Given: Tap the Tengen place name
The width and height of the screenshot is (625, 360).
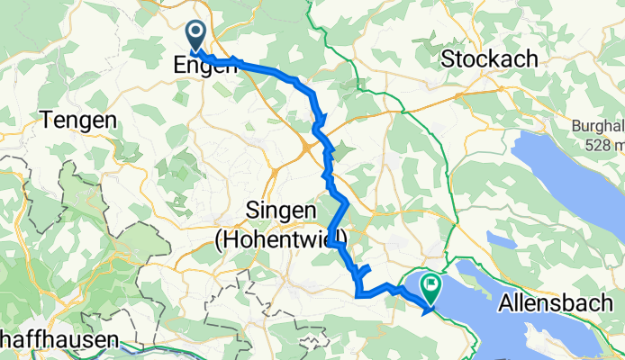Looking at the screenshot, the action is pos(78,121).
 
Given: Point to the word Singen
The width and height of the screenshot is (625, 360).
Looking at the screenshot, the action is pos(280,213).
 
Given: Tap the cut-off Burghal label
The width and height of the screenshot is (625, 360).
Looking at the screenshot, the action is pos(598,126).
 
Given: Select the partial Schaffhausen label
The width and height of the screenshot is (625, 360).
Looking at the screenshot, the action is pos(59,341).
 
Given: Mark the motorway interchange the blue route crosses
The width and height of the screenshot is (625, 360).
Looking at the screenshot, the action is pos(310,144).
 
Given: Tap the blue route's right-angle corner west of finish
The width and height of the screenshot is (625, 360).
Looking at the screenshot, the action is pos(359,292).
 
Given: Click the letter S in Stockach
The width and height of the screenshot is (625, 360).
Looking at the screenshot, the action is pos(448,59).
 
